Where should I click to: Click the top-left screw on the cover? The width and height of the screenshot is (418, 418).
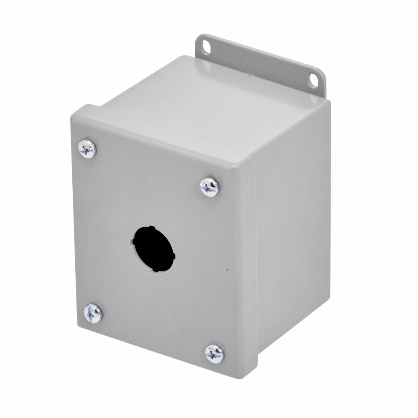tap(87, 148)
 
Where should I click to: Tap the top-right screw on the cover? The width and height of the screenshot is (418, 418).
tap(209, 186)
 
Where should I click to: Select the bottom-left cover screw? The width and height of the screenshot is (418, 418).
tap(93, 313)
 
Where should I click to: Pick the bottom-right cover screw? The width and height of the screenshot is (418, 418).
tap(214, 353)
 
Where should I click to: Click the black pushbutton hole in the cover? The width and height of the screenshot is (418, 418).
tap(154, 249)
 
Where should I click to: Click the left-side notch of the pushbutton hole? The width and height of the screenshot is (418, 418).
tap(134, 242)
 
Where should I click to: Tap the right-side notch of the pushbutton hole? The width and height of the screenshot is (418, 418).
tap(174, 256)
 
